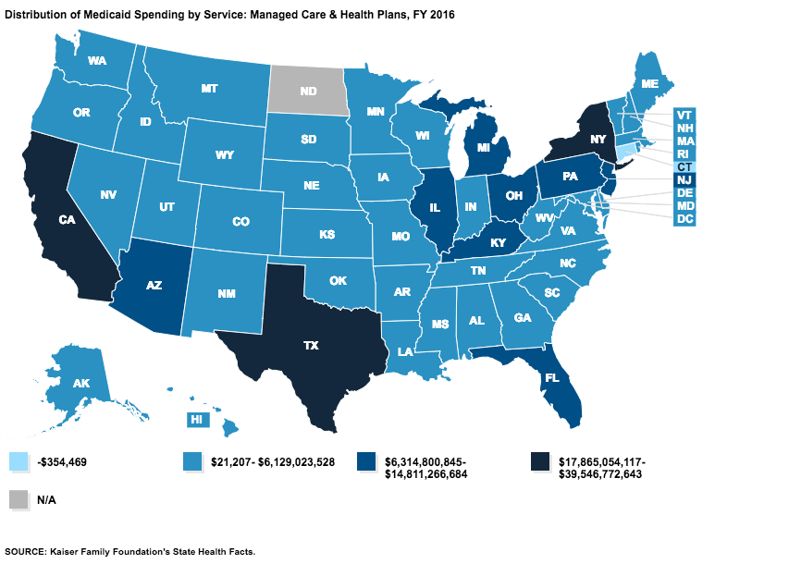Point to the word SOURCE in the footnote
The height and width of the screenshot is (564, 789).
pyautogui.click(x=30, y=552)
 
